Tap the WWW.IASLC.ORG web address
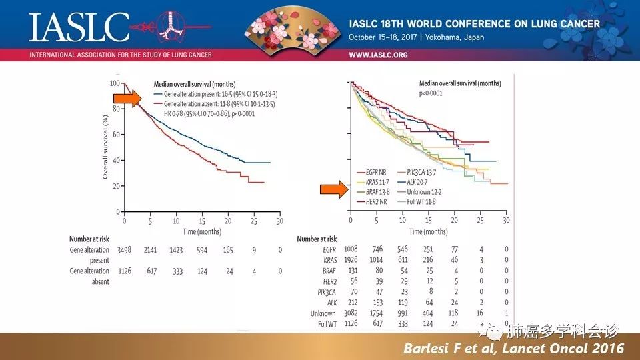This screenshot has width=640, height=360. pos(378,55)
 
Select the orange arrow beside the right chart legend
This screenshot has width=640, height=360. pos(333,190)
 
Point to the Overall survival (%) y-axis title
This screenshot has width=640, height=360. pos(105,147)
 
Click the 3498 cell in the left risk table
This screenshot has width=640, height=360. pos(125,250)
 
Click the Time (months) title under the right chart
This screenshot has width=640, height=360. pos(428,231)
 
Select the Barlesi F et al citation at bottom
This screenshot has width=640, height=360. pos(514,348)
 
